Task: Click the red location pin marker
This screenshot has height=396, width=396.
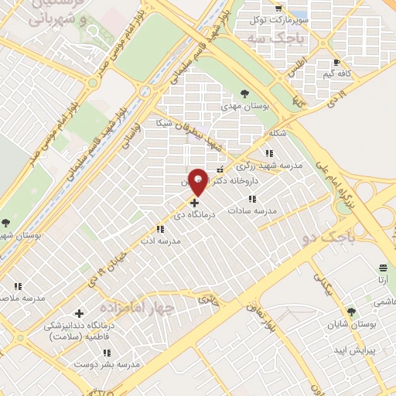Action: click(198, 182)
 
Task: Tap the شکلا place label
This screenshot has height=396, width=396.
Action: click(276, 134)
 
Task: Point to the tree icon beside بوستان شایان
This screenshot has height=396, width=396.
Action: click(351, 312)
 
